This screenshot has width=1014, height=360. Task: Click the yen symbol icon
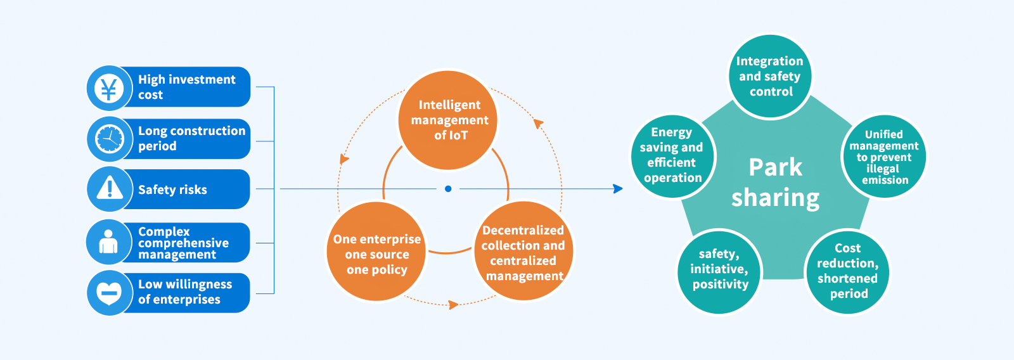click(109, 88)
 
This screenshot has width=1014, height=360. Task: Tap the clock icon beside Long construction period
click(109, 139)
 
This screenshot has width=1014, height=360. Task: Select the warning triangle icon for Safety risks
click(109, 189)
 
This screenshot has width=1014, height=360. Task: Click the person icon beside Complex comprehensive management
click(108, 242)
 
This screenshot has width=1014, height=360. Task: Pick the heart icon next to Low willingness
click(108, 293)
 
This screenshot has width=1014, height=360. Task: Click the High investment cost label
click(186, 87)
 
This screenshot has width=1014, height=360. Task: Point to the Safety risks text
click(172, 190)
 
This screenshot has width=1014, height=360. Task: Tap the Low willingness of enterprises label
click(185, 292)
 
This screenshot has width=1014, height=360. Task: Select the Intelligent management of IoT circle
click(449, 120)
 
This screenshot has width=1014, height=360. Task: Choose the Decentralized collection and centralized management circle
click(523, 252)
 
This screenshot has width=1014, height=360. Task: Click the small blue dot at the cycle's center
click(448, 189)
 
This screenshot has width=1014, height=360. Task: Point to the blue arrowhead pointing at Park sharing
click(618, 189)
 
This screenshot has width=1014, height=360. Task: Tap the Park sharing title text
click(775, 183)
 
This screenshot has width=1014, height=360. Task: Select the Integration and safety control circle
click(769, 76)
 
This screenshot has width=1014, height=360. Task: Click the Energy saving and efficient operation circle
click(672, 155)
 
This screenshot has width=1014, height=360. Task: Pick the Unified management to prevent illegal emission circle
click(883, 157)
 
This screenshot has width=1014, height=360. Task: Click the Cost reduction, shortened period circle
click(847, 271)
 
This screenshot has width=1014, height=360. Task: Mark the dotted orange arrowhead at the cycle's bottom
click(453, 305)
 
